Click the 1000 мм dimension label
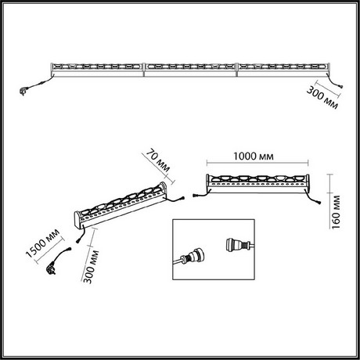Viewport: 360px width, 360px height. point(254,157)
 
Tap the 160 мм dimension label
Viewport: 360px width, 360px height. point(336,212)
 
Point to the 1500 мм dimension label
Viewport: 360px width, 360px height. point(43,243)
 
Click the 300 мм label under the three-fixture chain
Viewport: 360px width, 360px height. point(322,98)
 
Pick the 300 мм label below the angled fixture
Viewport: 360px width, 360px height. point(91,266)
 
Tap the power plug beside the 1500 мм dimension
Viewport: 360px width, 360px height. point(51,269)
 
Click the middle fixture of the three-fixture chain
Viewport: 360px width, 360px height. point(190,70)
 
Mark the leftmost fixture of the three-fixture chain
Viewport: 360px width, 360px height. point(98,70)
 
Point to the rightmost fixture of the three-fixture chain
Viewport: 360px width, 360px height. point(283,70)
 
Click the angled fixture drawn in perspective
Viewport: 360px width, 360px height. point(121,206)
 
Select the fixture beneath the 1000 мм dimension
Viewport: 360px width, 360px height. point(257,184)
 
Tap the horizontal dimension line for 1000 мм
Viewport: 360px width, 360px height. point(257,163)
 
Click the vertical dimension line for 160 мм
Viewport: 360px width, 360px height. point(330,201)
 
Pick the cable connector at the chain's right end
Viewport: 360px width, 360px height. point(340,86)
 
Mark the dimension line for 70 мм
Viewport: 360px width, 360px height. point(158,169)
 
